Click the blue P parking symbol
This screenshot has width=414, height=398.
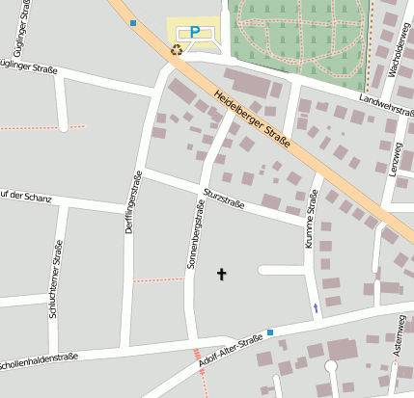(194, 32)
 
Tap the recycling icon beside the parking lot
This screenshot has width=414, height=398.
(177, 49)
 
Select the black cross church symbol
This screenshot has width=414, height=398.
(221, 275)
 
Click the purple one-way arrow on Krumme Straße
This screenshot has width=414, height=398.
(315, 308)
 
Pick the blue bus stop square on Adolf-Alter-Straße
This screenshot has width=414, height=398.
(270, 332)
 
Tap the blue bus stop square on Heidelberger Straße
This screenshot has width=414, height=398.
(133, 22)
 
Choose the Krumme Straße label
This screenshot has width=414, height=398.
(312, 220)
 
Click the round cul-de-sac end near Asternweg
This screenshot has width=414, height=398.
(331, 366)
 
